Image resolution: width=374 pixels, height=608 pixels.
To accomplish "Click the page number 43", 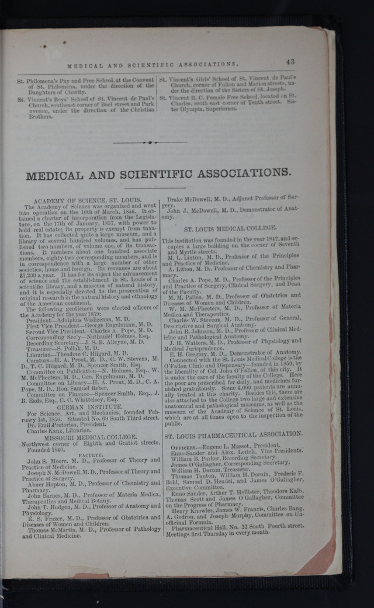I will (x=290, y=61).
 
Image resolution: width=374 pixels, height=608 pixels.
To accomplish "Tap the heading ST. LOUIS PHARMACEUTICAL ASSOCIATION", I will (x=233, y=434).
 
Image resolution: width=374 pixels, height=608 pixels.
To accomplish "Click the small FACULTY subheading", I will (x=91, y=454).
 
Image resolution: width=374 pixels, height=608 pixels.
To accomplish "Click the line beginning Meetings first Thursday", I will (x=218, y=532).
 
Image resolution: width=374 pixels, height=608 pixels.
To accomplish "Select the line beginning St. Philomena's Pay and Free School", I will (x=85, y=80).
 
